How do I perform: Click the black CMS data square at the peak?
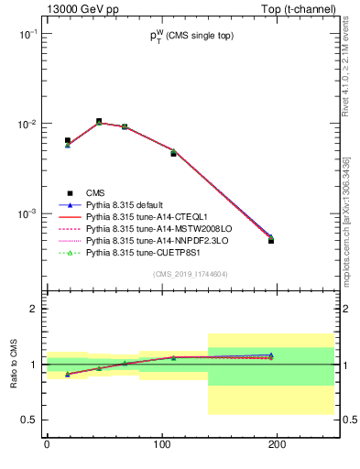[99, 121]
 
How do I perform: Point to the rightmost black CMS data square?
[271, 240]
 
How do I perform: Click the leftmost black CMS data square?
[68, 140]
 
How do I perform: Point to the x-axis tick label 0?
[47, 444]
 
